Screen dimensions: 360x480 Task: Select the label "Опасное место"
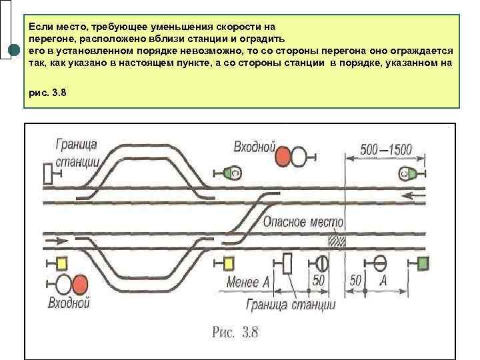coord(303,223)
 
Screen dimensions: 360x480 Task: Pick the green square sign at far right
coord(422,263)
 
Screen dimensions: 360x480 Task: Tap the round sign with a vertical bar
coord(322,263)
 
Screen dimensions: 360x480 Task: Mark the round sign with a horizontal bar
coord(381,263)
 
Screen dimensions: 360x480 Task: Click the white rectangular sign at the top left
coord(48,173)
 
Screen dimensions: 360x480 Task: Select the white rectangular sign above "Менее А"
coord(288,263)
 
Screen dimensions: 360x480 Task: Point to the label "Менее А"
coord(248,283)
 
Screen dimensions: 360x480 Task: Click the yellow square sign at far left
coord(62,263)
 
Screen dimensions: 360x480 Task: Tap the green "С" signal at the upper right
coord(407,174)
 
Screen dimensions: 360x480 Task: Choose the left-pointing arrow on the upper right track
coord(417,195)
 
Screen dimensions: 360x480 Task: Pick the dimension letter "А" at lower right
coord(383,281)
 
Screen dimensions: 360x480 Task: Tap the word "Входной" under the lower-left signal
coord(69,304)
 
